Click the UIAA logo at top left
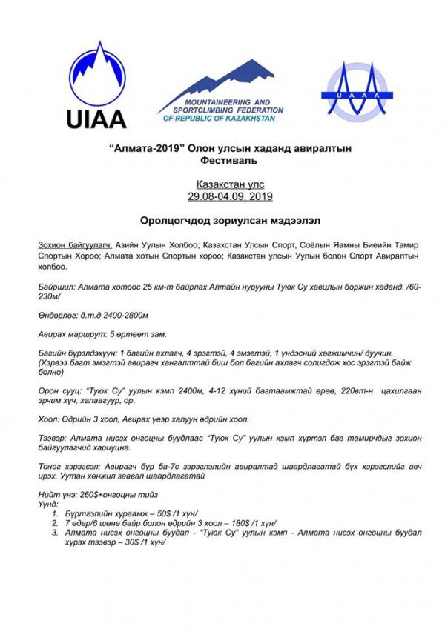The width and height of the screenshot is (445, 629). pyautogui.click(x=97, y=86)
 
